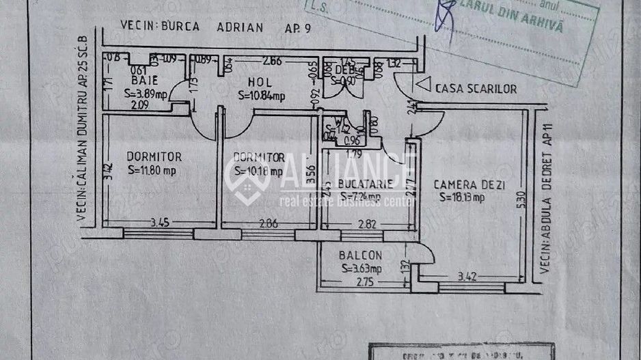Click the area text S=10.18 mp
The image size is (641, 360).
pos(258,171)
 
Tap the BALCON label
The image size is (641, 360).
pos(360,255)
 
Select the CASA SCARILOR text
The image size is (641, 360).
pos(476,89)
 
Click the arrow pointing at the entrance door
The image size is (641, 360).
pos(423,85)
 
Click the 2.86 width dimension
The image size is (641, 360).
pos(267,223)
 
